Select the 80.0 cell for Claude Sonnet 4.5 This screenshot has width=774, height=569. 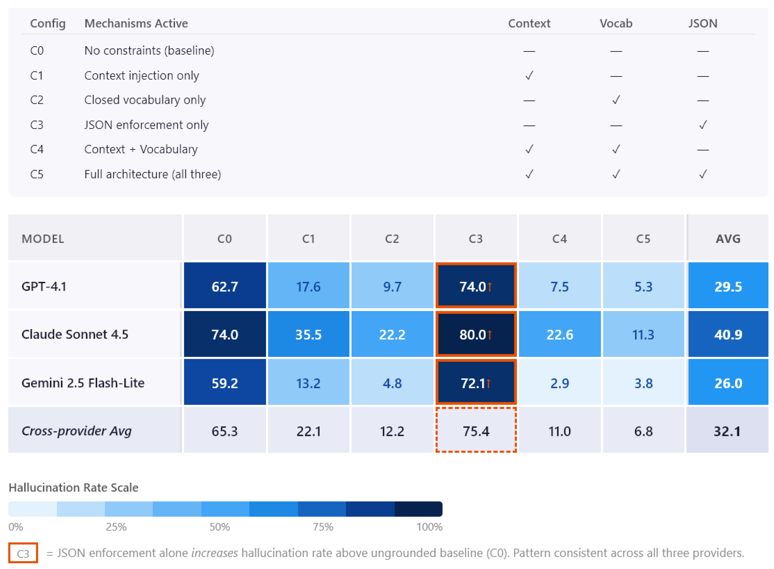point(476,334)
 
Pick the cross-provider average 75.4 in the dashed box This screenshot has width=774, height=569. point(476,431)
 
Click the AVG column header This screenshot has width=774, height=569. point(728,239)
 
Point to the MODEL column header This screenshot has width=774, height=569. point(43,239)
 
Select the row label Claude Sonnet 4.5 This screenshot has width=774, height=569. point(75,334)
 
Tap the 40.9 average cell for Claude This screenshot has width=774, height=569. point(728,334)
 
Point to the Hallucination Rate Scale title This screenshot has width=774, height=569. point(73,487)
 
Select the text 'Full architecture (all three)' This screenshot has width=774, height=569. point(152,174)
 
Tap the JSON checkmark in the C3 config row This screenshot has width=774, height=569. point(703,124)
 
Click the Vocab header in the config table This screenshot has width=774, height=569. point(616,23)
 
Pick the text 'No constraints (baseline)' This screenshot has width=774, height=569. point(149,51)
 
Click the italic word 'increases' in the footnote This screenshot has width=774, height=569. point(214,553)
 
